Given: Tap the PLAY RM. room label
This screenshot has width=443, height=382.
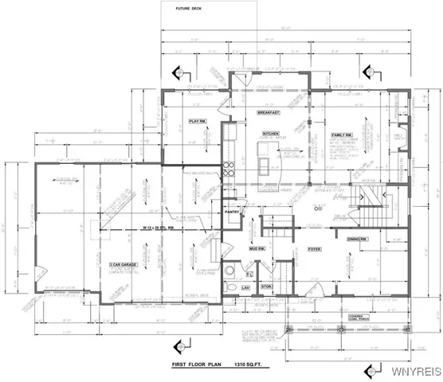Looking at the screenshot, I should coord(197,120).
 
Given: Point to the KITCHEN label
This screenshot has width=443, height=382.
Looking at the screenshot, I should coord(269,134).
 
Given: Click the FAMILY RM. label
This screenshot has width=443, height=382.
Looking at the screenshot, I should coord(343,135).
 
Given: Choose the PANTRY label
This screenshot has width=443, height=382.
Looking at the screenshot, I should coord(233,212).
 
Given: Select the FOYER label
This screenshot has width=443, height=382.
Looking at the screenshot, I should coord(314,249).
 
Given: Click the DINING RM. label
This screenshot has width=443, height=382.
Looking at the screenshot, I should coord(356,240).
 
